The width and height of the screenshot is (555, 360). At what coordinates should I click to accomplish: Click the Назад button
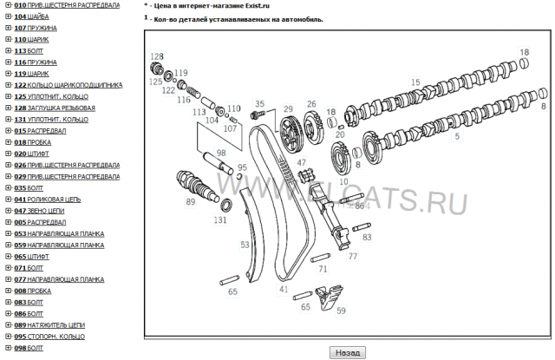tap(348, 353)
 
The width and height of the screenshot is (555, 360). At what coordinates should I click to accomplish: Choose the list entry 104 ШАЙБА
tap(31, 17)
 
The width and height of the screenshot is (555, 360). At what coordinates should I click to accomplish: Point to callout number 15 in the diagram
tap(416, 82)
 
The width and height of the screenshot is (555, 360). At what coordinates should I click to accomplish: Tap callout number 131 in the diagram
tap(220, 220)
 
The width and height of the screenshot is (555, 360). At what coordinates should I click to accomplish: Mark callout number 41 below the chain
tap(284, 289)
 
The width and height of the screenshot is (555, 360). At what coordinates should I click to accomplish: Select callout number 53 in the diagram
tap(245, 245)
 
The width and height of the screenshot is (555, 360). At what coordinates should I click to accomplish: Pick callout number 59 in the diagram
tap(341, 311)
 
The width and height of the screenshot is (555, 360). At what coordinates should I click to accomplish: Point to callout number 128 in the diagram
tap(156, 56)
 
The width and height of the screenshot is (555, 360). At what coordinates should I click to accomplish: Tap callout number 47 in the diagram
tap(302, 162)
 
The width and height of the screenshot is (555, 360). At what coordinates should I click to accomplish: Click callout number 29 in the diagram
tap(288, 109)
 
